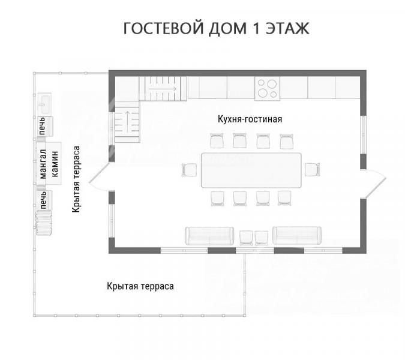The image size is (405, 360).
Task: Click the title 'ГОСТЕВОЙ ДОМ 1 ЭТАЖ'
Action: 216,28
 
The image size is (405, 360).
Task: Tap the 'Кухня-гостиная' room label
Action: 250,119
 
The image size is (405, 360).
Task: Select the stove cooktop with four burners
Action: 267,88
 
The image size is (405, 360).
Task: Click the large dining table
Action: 251,170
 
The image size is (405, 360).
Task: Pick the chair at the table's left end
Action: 190,170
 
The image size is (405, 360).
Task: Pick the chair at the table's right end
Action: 312,169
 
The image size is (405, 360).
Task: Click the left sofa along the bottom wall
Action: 209,236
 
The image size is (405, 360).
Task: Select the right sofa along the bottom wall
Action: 297,235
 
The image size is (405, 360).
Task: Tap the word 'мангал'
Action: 43,164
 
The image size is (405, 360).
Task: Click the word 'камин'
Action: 55,164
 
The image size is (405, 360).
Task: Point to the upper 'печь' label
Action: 42,126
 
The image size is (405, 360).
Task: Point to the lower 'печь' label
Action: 43,200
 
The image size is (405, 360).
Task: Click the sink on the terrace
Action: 44,104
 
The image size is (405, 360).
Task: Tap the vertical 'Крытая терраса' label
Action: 76,179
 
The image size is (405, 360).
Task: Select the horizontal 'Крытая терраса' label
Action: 140,286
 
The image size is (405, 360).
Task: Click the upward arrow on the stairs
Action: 127,121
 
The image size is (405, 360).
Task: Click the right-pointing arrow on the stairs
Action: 163,89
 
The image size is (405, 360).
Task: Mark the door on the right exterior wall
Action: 373,184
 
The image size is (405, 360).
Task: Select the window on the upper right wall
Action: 364,134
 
